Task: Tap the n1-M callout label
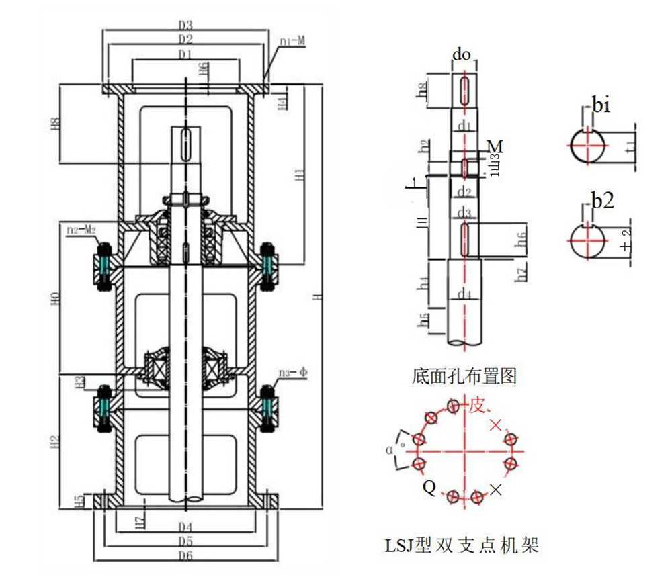[x=292, y=41]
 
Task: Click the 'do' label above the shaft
[x=461, y=54]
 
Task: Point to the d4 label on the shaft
[x=464, y=294]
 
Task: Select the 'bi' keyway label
[x=601, y=105]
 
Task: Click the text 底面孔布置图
[x=464, y=375]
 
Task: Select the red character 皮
[x=476, y=405]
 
